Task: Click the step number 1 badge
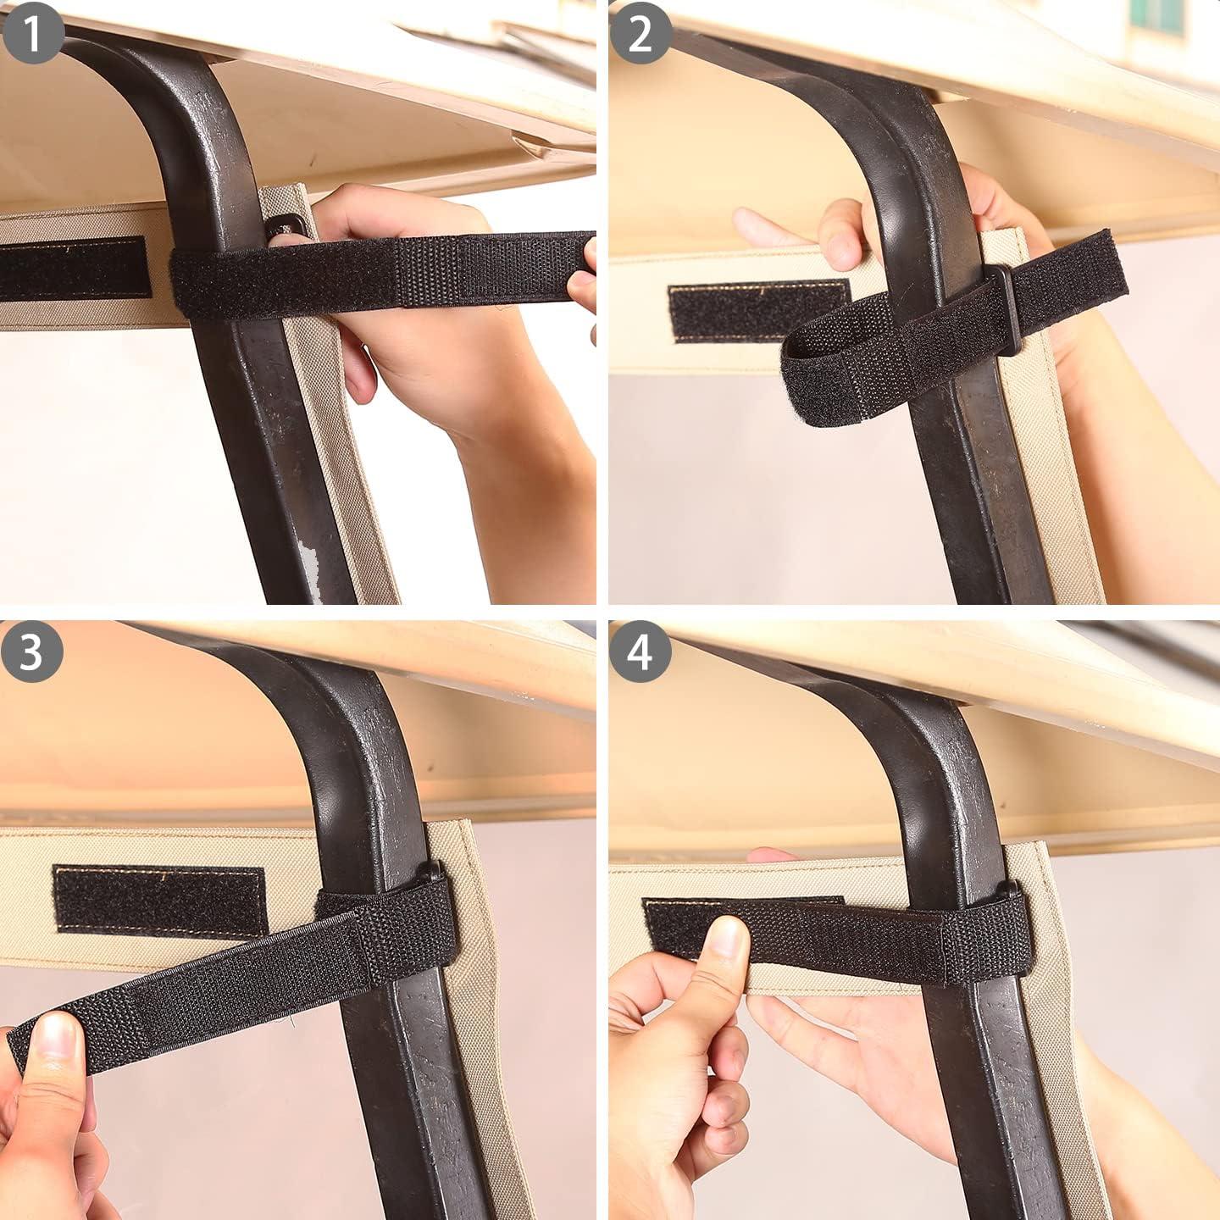coord(33,32)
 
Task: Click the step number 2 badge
coord(640,32)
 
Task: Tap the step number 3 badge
coord(31,652)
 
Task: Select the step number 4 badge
coord(640,652)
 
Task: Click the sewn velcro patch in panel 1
coord(75,268)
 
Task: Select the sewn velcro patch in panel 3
coord(160,901)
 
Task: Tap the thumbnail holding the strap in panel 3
coord(55,1035)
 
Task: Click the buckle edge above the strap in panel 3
coord(430,871)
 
